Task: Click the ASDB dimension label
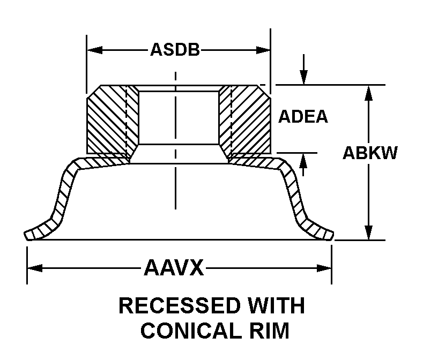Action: point(174,50)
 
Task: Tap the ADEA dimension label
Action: point(303,117)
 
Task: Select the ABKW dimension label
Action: point(370,153)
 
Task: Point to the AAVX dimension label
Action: point(174,267)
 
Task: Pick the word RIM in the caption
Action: point(266,331)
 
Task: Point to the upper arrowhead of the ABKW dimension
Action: point(368,92)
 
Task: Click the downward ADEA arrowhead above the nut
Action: point(303,78)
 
